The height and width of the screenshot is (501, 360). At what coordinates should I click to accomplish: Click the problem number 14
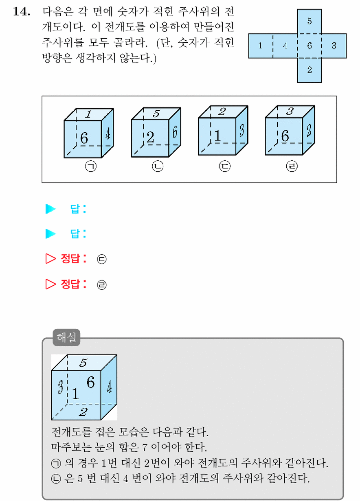tap(22, 11)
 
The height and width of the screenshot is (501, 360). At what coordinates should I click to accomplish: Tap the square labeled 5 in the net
tap(310, 22)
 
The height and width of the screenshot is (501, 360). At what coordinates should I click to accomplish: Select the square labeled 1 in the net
tap(261, 46)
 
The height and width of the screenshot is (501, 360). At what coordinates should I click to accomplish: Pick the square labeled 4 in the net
tap(285, 46)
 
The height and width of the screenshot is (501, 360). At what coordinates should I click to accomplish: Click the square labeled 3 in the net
tap(334, 46)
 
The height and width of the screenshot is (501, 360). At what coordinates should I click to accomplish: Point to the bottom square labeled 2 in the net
tap(310, 70)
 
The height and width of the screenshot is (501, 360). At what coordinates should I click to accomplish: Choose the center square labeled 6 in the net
tap(310, 46)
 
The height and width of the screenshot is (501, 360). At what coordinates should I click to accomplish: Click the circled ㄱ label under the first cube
tap(91, 166)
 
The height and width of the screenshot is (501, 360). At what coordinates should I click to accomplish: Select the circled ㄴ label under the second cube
tap(158, 166)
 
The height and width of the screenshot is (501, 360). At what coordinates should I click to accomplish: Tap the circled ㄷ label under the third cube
tap(225, 166)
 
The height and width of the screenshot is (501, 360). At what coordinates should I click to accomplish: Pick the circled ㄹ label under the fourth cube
tap(292, 166)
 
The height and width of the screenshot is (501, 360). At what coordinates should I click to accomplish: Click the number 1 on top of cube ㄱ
tap(88, 114)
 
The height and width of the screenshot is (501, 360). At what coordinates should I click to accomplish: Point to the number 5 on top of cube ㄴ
tap(156, 114)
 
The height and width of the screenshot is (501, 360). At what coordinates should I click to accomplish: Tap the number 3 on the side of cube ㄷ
tap(241, 130)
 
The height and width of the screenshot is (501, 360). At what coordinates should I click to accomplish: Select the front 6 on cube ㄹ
tap(285, 136)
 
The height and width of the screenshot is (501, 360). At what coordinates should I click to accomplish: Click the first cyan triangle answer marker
tap(50, 209)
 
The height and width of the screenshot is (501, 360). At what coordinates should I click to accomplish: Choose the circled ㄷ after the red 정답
tap(101, 259)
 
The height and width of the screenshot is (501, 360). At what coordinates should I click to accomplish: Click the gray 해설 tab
tap(66, 337)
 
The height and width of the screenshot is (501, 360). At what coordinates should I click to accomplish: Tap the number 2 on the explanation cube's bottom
tap(83, 412)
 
